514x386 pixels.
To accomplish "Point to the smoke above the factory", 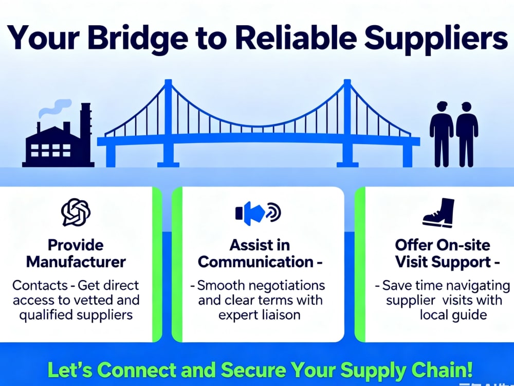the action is pos(55,108).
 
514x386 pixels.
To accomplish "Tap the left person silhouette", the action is pos(442,134).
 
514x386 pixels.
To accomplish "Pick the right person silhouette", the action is pos(467,134).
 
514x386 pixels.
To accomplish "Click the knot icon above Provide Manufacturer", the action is pos(76,213).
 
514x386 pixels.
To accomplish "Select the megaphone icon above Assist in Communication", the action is pos(258,213).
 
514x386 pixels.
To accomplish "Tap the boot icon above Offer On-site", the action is pos(438,213).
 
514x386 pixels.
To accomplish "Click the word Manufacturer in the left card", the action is pos(76,262).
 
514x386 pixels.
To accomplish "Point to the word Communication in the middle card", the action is pos(255,262).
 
